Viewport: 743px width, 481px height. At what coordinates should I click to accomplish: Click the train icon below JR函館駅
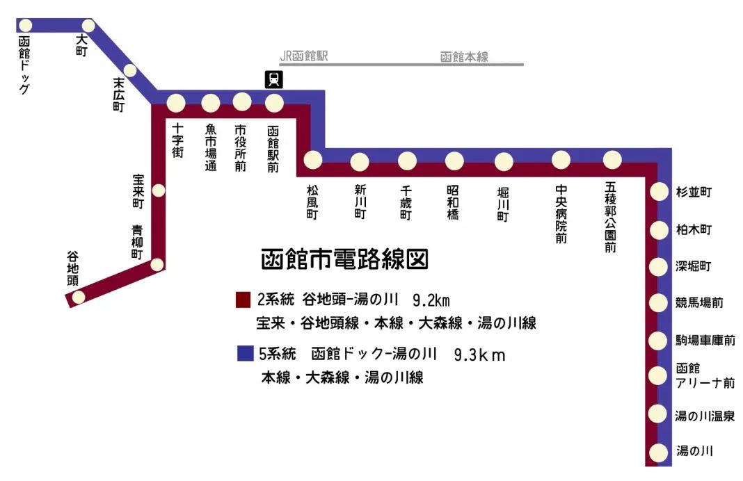(x=275, y=79)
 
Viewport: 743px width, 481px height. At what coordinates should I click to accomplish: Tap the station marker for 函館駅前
(x=275, y=103)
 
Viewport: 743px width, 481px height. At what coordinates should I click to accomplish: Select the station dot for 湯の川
(x=657, y=452)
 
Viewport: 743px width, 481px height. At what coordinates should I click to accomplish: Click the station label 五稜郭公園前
(x=611, y=218)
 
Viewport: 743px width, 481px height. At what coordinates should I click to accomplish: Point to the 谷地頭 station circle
(x=79, y=297)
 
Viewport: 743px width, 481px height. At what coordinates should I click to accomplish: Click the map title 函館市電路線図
(x=344, y=259)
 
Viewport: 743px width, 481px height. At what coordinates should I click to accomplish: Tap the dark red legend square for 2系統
(x=243, y=300)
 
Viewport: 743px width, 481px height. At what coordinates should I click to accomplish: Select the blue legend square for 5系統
(x=243, y=354)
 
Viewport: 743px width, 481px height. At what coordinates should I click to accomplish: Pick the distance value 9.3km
(x=479, y=355)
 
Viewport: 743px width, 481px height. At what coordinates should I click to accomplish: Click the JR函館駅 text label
(x=303, y=56)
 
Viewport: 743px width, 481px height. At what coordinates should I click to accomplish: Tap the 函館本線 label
(x=464, y=57)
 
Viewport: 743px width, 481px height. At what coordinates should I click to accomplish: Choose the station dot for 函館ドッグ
(x=26, y=25)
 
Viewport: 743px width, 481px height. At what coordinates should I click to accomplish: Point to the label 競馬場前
(x=699, y=303)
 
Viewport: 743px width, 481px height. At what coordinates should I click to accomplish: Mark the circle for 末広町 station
(x=129, y=70)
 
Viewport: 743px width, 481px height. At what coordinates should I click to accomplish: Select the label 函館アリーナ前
(x=704, y=376)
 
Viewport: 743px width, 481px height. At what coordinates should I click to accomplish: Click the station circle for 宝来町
(x=159, y=190)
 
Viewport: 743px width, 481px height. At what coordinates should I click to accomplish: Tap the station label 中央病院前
(x=561, y=214)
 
